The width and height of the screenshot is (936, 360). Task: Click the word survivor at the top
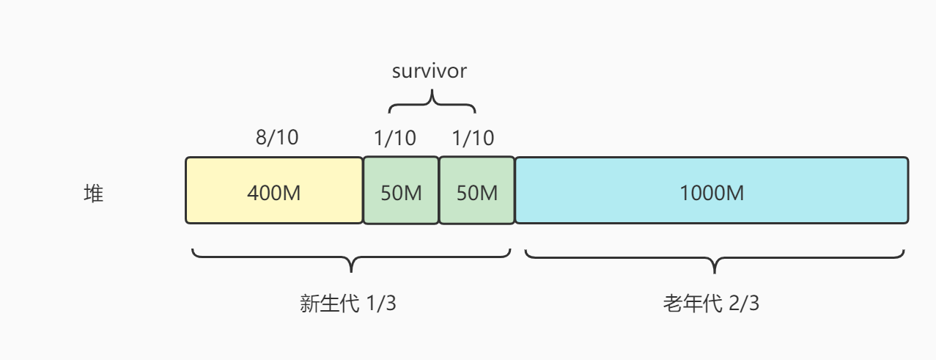pos(430,72)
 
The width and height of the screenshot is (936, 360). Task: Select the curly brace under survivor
pos(432,102)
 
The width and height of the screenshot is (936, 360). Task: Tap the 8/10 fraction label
pos(277,138)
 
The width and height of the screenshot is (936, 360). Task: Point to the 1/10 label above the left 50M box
pos(395,138)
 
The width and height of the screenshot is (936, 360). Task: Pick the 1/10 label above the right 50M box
pos(473,138)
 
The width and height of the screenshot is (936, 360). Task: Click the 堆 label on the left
pos(93,194)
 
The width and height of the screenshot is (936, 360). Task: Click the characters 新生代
pos(328,304)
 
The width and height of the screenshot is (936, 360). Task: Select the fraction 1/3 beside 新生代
pos(380,304)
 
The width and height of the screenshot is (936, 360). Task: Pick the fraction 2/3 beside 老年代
pos(744,304)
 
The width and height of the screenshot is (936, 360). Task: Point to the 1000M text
pos(712,194)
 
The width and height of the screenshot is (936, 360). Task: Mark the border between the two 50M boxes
pos(439,191)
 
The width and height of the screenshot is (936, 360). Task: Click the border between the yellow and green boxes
pos(364,191)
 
